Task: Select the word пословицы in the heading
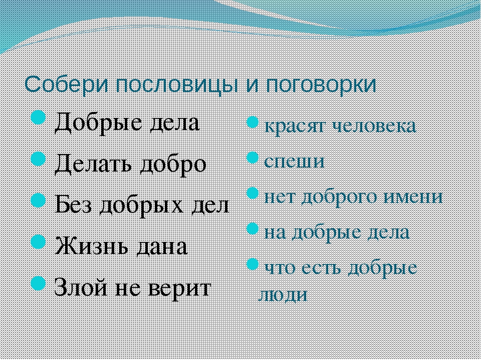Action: (x=177, y=85)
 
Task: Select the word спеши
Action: (x=294, y=161)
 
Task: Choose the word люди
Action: (x=282, y=295)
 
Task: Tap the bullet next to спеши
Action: (x=252, y=157)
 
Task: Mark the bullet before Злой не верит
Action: (x=39, y=283)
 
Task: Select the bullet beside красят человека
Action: (x=252, y=122)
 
